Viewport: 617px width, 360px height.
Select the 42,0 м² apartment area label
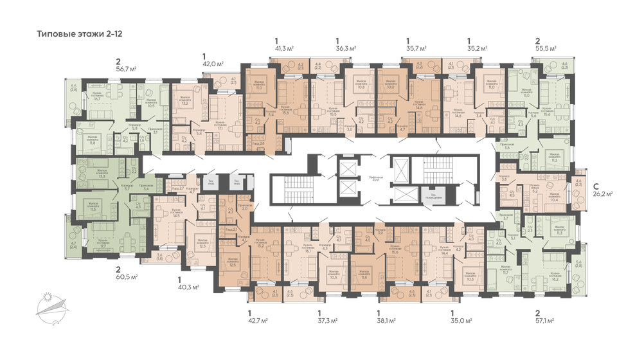(x=213, y=64)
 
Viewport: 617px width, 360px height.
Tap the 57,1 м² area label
(x=546, y=319)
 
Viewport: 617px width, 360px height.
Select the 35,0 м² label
(x=461, y=319)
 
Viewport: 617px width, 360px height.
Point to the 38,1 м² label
(x=386, y=319)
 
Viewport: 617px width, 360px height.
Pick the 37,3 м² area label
(x=328, y=319)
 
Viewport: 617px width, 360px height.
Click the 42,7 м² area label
(x=258, y=319)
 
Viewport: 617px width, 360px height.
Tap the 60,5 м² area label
(x=127, y=278)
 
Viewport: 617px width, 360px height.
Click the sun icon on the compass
(x=46, y=296)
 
